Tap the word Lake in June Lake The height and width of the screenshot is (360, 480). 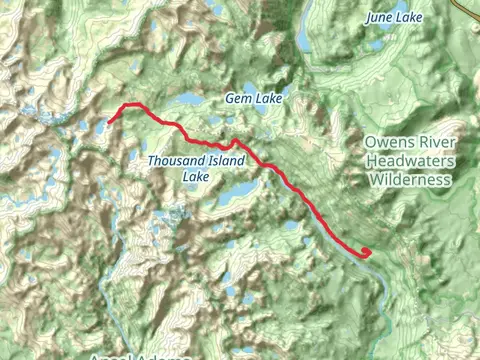[x=410, y=18]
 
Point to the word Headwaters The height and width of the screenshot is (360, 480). [x=410, y=162]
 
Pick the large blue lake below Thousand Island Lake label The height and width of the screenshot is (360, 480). [x=240, y=190]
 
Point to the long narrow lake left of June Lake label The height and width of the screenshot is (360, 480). [x=304, y=37]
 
